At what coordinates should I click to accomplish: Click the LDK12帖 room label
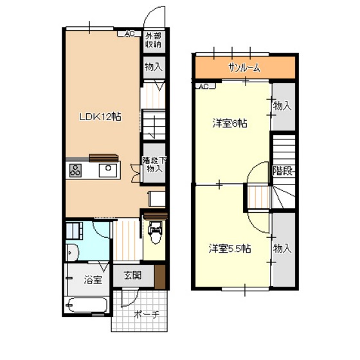coord(100,117)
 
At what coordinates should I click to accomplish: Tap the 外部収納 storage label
coord(154,40)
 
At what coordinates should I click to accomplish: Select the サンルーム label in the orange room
coord(244,67)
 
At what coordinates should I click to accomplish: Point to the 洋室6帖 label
coord(230,123)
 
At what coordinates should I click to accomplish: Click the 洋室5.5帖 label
coord(230,249)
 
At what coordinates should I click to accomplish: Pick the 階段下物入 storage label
coord(154,165)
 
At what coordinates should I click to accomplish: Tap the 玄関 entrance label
coord(132,275)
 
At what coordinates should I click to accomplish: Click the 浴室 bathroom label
coord(93,280)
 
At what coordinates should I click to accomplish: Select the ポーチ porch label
coord(147,314)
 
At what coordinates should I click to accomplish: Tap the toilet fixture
coord(156,232)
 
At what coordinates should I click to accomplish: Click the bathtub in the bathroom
coord(87,305)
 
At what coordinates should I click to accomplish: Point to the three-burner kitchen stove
coord(75,170)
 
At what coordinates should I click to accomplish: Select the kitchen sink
coord(108,170)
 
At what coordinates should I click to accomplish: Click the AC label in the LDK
coord(129,34)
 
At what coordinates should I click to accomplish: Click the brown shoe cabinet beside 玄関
coord(160,277)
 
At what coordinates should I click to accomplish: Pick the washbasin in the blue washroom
coord(73,253)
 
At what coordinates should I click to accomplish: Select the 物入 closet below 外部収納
coord(154,67)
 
